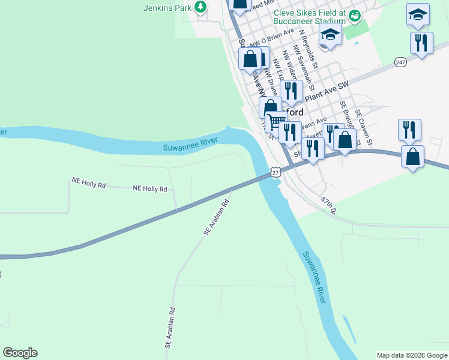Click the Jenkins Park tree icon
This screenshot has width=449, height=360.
point(200,7)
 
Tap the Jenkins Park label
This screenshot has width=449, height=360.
point(167,8)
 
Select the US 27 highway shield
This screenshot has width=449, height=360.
point(275,172)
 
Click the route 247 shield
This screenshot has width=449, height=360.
point(401,62)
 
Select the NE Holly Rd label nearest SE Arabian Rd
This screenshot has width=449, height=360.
point(149,188)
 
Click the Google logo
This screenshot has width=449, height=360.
point(20,353)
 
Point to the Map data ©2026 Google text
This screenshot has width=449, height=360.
point(411,355)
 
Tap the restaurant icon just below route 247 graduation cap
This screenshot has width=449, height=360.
point(421,43)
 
